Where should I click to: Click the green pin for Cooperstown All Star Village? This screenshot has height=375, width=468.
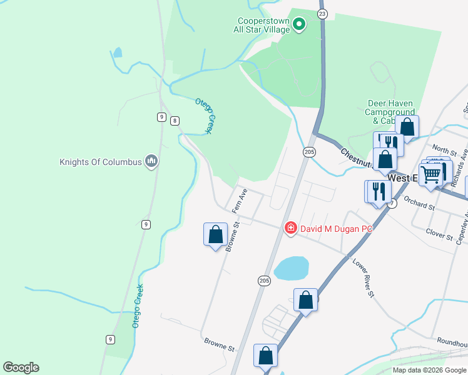tap(299, 25)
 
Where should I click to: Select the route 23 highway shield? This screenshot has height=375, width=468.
tap(322, 13)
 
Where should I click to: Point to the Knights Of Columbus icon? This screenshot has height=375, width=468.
tap(151, 162)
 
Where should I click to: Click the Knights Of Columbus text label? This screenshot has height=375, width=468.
tap(101, 162)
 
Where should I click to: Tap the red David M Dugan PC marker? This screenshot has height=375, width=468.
tap(290, 228)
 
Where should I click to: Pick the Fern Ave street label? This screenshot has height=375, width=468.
tap(240, 199)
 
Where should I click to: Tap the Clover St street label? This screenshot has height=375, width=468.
tap(439, 236)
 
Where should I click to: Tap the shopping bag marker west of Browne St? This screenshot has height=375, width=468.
tap(215, 235)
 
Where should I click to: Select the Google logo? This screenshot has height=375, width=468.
tap(21, 367)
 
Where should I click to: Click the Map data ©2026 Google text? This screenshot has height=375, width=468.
tap(429, 370)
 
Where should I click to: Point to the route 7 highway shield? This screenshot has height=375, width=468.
tap(392, 204)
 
